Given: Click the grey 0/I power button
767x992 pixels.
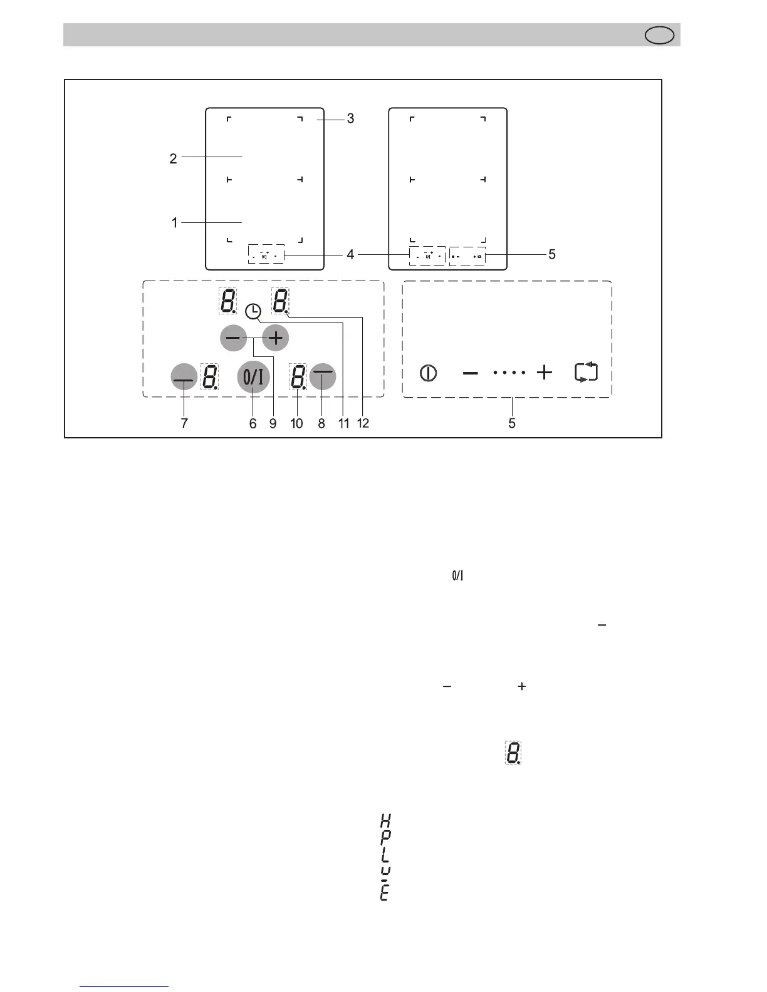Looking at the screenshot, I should [x=253, y=377].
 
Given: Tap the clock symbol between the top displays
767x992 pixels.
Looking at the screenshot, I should [x=253, y=311].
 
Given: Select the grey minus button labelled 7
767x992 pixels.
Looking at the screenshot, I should [x=184, y=377].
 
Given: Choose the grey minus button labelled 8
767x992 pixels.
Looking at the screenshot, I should [x=322, y=376].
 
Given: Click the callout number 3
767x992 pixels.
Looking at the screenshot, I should [x=350, y=118].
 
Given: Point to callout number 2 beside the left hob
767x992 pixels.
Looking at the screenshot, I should [x=173, y=159].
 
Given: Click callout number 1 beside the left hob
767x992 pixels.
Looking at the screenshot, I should [x=175, y=223].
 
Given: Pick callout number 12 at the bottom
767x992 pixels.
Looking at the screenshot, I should [x=363, y=423].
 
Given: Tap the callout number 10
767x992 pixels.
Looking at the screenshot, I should [x=296, y=423].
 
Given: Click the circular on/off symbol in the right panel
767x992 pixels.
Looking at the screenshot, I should [x=429, y=373].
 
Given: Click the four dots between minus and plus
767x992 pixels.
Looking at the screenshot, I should [x=509, y=373].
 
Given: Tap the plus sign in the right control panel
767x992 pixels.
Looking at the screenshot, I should [x=545, y=373].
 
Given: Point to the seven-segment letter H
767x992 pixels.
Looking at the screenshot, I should [x=385, y=820].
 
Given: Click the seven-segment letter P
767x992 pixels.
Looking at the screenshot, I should [x=385, y=837].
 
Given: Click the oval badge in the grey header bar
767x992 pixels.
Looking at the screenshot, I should [x=660, y=36].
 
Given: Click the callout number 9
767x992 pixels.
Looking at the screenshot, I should [x=273, y=423].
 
